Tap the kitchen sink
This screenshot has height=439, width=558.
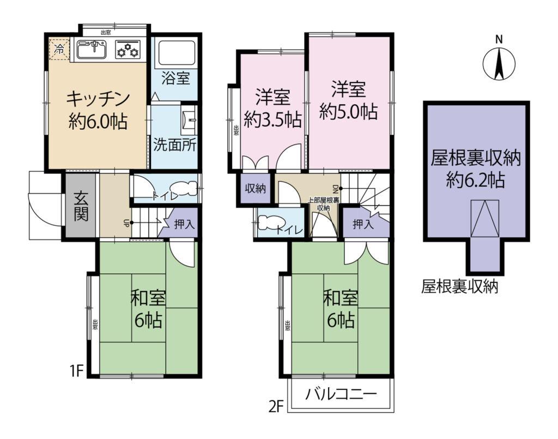(x=92, y=50)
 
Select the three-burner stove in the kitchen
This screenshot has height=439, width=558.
(x=128, y=50)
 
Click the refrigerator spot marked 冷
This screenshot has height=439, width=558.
(x=58, y=49)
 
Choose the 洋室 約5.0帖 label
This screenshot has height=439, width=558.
(x=348, y=101)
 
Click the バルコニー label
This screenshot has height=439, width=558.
(x=341, y=393)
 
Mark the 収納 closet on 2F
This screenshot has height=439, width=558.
(x=254, y=189)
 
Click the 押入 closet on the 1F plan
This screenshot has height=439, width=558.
(x=183, y=224)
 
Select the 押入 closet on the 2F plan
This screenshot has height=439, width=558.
(x=362, y=224)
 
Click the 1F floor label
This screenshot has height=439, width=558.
(x=76, y=371)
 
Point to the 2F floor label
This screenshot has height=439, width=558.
(x=277, y=407)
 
